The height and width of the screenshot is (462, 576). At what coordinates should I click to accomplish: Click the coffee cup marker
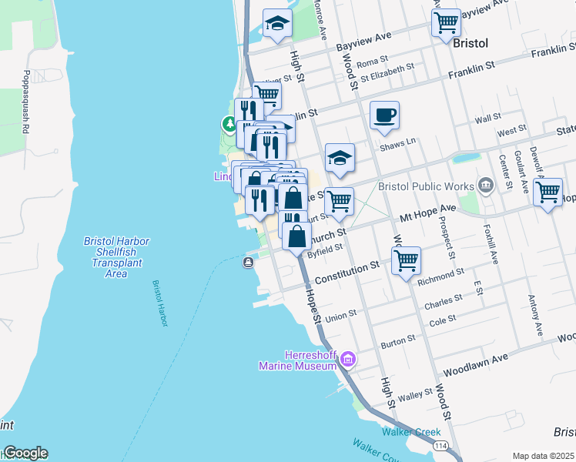384,116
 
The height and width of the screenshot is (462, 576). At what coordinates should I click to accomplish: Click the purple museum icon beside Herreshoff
347,358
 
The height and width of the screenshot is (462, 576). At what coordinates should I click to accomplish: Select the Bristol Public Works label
424,186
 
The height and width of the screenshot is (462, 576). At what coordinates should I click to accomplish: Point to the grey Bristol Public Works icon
485,185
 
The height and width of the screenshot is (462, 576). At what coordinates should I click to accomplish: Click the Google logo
25,453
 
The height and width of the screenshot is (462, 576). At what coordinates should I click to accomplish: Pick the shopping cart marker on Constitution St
406,259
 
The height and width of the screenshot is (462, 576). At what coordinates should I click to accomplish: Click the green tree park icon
229,124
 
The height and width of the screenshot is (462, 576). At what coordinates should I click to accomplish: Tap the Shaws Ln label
397,142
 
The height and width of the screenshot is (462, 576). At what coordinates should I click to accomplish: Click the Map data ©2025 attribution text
543,456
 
